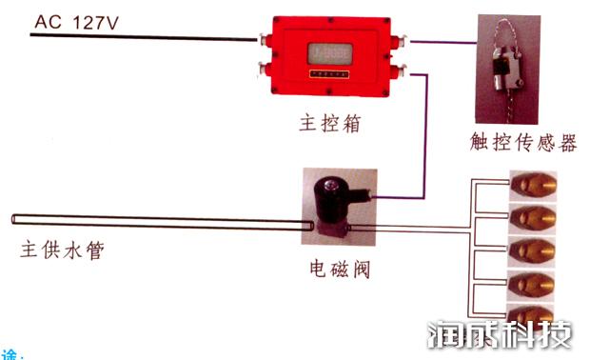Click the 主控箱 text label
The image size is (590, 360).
click(326, 124)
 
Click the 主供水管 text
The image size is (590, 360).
click(63, 253)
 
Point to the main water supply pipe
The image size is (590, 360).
click(162, 223)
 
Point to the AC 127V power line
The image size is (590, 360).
click(143, 36)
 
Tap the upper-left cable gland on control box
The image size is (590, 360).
click(264, 38)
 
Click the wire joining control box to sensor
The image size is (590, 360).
click(441, 42)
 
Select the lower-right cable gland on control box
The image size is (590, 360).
click(402, 69)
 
